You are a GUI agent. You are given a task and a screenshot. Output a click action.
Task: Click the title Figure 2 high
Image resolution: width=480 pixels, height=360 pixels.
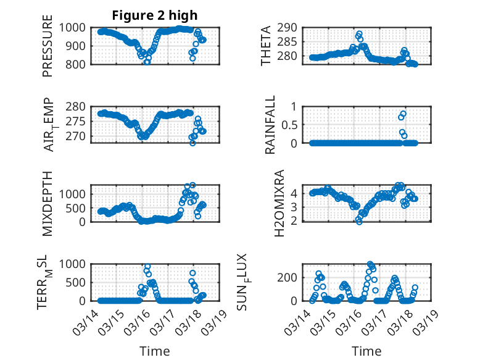click(x=154, y=15)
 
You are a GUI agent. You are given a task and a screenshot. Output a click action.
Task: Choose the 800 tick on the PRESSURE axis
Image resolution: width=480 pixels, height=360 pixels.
click(x=79, y=64)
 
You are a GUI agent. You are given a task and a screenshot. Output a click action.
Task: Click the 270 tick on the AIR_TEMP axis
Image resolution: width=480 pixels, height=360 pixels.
click(x=79, y=136)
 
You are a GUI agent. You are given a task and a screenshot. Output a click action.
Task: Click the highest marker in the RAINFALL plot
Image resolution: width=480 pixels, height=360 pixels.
click(x=403, y=114)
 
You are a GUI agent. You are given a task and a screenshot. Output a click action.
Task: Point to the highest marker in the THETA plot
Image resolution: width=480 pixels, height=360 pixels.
click(x=359, y=33)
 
